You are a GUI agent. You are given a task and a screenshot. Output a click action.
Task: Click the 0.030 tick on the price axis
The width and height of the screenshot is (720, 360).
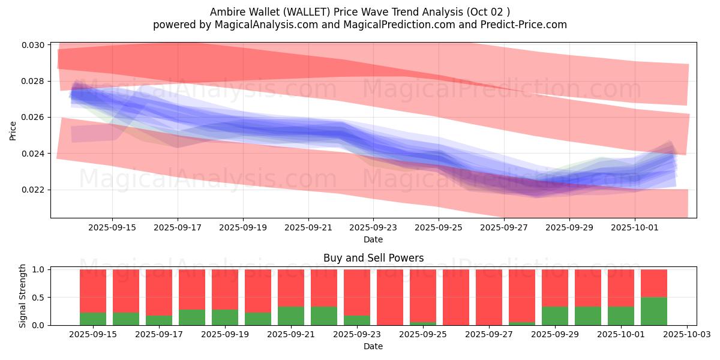(x=34, y=45)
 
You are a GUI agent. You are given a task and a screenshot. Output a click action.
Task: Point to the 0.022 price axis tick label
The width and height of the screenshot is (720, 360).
(x=34, y=190)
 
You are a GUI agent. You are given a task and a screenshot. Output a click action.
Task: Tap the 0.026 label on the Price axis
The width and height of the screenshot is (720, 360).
(x=34, y=117)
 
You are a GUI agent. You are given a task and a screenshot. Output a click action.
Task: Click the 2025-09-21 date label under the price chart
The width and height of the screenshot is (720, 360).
(x=308, y=228)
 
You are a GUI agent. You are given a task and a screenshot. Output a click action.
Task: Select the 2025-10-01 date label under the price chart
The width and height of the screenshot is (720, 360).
(x=635, y=228)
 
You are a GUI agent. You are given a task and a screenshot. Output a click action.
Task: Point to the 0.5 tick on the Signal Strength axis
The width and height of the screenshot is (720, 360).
(x=38, y=298)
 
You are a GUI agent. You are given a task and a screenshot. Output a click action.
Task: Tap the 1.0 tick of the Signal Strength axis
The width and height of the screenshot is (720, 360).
(x=38, y=270)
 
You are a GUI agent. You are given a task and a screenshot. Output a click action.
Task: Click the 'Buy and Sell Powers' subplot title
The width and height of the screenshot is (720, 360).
(x=373, y=258)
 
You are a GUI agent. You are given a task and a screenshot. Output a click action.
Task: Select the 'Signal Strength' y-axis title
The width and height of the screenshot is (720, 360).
(x=23, y=296)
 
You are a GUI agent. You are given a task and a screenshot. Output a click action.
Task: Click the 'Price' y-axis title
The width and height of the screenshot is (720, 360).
(x=13, y=130)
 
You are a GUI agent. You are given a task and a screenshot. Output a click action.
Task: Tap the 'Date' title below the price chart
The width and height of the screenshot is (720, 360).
(x=373, y=239)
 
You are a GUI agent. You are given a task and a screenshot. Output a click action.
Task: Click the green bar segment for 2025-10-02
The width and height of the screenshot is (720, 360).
(x=654, y=311)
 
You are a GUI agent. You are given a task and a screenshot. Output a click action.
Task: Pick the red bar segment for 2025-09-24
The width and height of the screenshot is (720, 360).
(x=390, y=297)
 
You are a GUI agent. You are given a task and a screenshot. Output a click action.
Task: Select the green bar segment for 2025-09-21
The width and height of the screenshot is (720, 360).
(x=291, y=316)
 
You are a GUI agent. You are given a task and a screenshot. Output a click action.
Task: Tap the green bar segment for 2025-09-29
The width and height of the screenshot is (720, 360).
(x=555, y=316)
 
